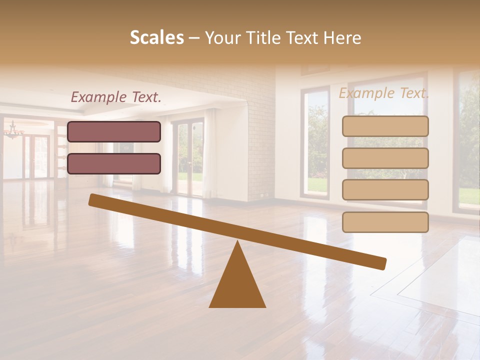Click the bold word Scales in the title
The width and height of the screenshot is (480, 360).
[157, 37]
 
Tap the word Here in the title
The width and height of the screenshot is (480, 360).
[342, 37]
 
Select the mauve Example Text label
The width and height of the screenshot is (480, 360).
[116, 97]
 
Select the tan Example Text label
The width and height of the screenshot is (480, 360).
[384, 93]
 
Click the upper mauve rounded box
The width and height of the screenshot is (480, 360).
[114, 131]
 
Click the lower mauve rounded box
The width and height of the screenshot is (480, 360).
[114, 163]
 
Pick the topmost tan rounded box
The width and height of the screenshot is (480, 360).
[385, 126]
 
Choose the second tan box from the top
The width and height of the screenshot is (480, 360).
[385, 158]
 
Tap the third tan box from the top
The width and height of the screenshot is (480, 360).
[385, 190]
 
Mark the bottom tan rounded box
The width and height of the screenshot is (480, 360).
[385, 222]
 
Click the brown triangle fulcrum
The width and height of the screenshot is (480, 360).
[237, 285]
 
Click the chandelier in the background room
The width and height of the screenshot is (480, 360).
[14, 131]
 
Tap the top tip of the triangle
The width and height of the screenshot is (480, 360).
[237, 242]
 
